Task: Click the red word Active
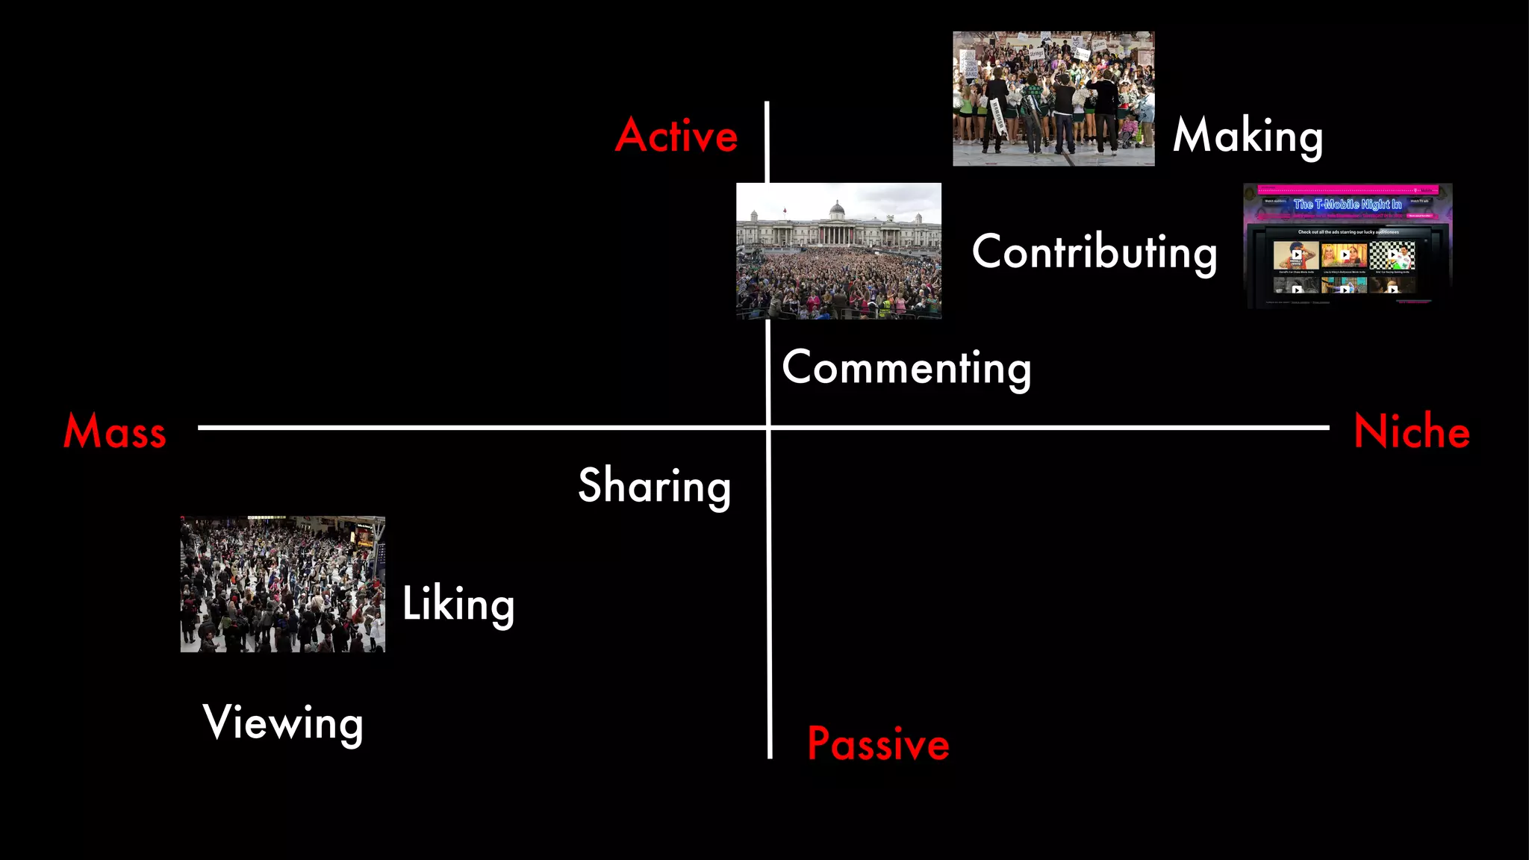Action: [x=676, y=136]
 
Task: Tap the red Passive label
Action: [x=878, y=744]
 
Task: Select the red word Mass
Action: [x=114, y=431]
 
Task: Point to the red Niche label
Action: [x=1412, y=431]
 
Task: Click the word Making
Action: [x=1248, y=137]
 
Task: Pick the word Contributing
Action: [x=1094, y=252]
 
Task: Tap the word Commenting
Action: [x=906, y=368]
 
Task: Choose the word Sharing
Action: [x=654, y=486]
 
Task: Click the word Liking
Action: [x=458, y=604]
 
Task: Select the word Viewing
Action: [x=283, y=723]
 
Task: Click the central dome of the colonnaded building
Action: [x=837, y=210]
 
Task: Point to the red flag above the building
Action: [x=784, y=211]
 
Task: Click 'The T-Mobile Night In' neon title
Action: [x=1348, y=205]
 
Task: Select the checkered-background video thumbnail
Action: [x=1392, y=256]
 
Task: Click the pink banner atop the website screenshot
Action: [x=1348, y=190]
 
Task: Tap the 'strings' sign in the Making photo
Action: [x=1036, y=54]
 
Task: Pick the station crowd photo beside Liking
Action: [x=282, y=584]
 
